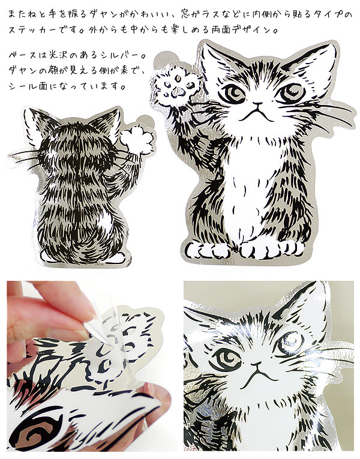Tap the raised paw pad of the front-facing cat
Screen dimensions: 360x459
pyautogui.click(x=178, y=86)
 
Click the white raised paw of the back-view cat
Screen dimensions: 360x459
pyautogui.click(x=137, y=139)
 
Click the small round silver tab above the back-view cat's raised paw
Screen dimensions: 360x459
pyautogui.click(x=146, y=121)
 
